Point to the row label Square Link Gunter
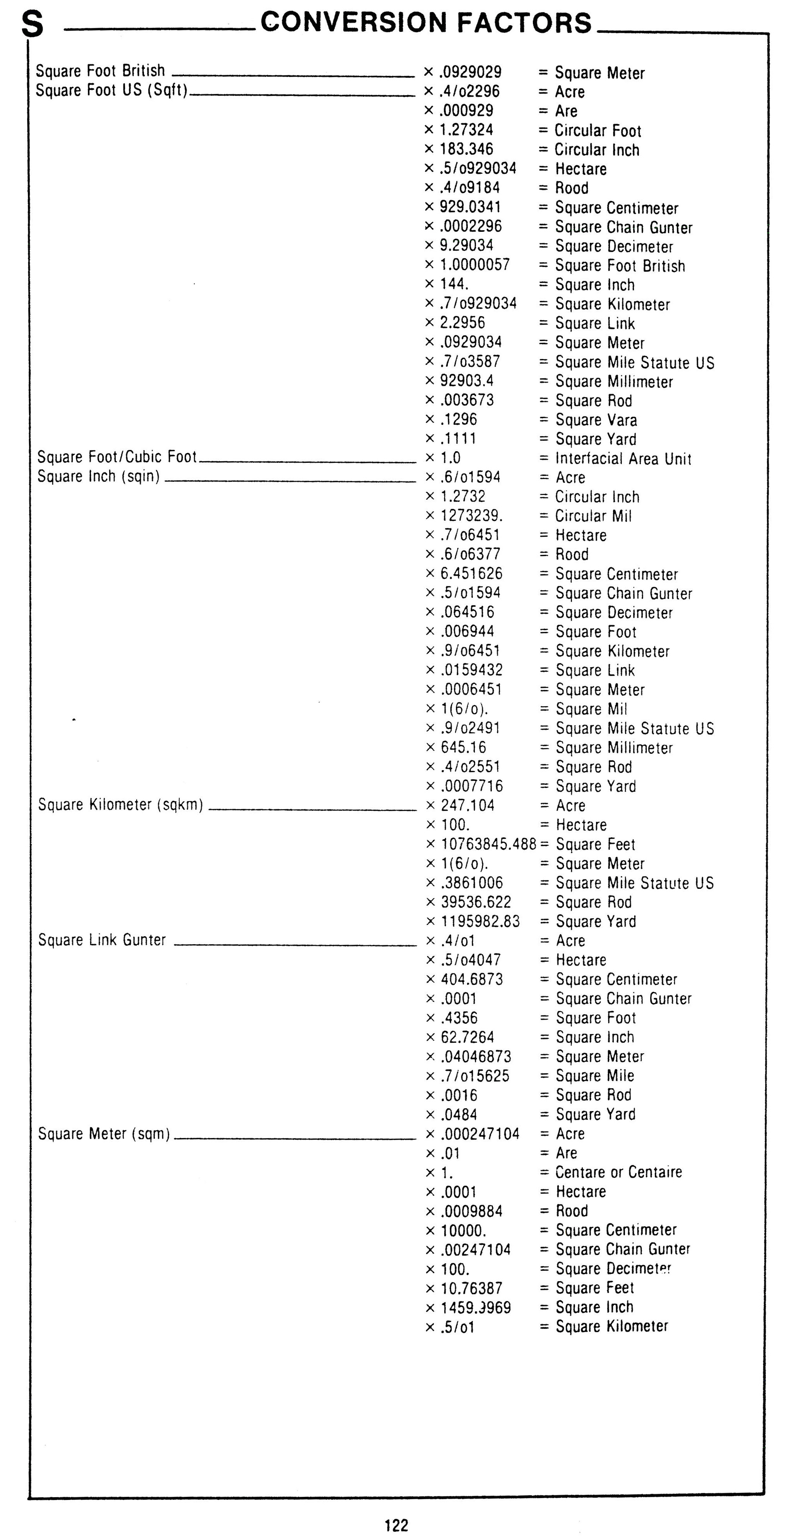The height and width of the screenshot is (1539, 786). click(102, 940)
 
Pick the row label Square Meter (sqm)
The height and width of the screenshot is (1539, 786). click(104, 1133)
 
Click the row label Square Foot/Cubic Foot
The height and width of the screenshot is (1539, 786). click(117, 457)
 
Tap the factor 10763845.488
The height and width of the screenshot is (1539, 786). click(488, 844)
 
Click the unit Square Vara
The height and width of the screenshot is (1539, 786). click(596, 419)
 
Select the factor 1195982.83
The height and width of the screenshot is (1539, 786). click(479, 921)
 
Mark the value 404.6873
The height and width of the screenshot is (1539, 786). click(471, 979)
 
